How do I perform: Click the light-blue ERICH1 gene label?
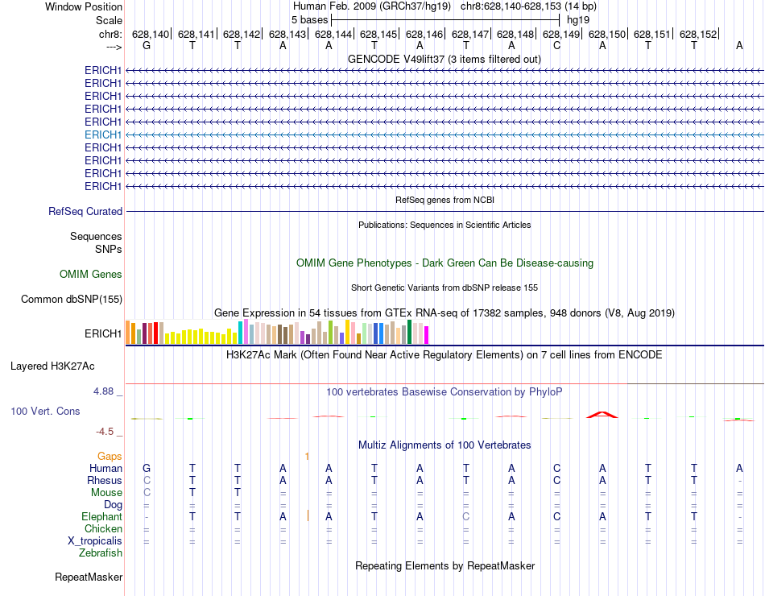pos(103,135)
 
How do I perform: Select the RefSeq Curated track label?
pos(85,211)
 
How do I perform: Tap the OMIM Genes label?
pos(91,275)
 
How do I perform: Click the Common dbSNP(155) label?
pos(72,300)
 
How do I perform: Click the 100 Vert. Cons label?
pos(45,411)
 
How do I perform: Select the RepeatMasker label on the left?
pos(89,577)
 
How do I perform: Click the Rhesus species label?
pos(105,480)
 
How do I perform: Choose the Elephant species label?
pos(101,516)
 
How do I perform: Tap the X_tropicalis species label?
pos(95,540)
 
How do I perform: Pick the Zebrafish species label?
pos(101,553)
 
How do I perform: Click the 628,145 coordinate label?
pos(378,34)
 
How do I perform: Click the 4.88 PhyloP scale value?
pos(107,391)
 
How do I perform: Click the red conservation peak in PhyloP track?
pos(602,414)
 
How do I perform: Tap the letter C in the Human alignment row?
pos(556,468)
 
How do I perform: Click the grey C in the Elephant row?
pos(465,516)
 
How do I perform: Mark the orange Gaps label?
pos(110,456)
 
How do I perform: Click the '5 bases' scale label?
pos(309,19)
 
